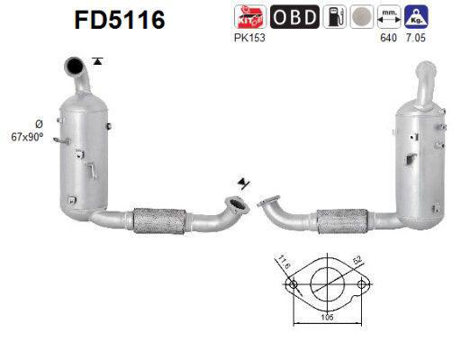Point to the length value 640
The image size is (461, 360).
(x=389, y=37)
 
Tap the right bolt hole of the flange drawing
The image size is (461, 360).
(x=360, y=286)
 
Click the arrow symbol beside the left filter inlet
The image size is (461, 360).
(x=96, y=60)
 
